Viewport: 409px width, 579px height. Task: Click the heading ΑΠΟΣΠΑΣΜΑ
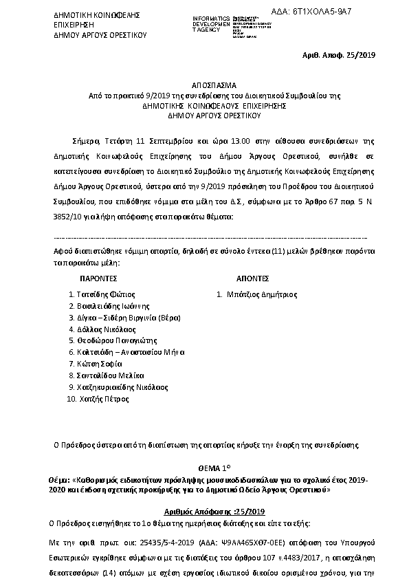tap(204, 86)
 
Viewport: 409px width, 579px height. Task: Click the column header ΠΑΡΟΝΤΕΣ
tap(100, 280)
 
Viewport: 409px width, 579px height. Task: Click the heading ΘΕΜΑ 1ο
tap(204, 467)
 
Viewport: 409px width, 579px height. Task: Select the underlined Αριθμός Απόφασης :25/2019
tap(204, 512)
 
